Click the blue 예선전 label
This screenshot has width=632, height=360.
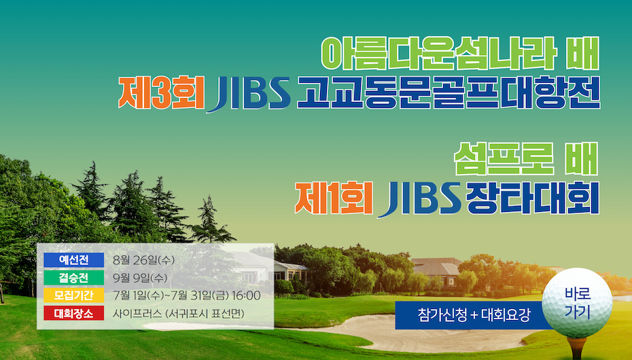(74, 259)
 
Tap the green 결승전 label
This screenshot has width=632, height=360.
(74, 277)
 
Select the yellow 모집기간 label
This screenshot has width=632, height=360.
(74, 295)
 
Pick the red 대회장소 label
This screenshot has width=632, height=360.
(74, 313)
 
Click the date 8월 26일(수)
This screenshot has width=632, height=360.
(144, 260)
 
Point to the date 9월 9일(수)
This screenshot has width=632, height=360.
(140, 278)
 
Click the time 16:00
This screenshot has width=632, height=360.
(246, 295)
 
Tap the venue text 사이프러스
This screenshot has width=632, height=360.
(137, 313)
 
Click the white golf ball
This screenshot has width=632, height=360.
(577, 303)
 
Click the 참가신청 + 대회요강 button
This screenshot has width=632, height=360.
(474, 315)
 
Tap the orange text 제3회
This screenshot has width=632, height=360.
(161, 93)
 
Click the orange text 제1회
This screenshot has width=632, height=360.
(334, 198)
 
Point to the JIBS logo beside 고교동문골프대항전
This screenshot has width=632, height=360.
(249, 94)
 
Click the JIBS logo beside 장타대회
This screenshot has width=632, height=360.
(419, 199)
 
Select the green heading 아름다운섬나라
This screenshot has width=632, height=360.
(439, 54)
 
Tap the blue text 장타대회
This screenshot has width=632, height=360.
(532, 198)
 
